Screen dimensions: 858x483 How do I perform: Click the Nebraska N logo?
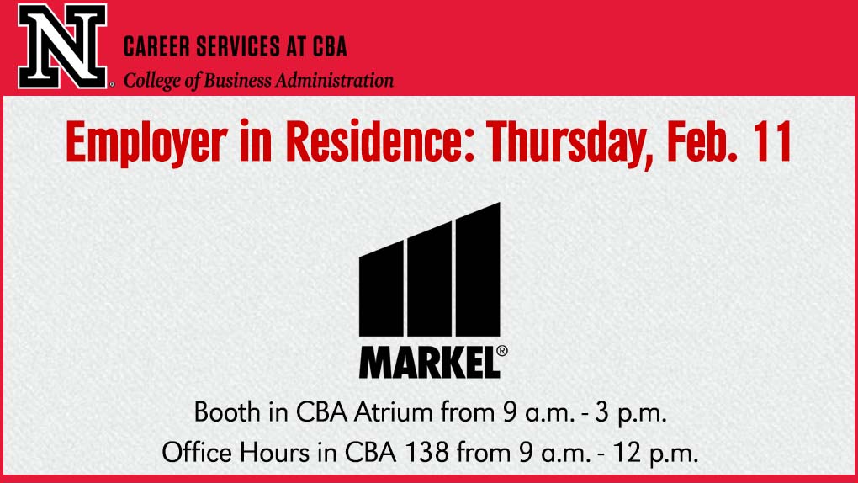(x=62, y=46)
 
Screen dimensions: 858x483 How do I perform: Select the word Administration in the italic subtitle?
(x=334, y=81)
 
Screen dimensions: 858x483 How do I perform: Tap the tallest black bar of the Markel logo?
(x=478, y=269)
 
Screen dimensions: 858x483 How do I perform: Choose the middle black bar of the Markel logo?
(x=430, y=279)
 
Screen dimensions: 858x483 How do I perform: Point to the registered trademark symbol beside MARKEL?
(x=501, y=351)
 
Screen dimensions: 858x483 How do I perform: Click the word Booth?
(x=227, y=411)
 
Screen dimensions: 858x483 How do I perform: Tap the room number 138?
(x=426, y=453)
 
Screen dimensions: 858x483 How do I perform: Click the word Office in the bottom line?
(x=197, y=453)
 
